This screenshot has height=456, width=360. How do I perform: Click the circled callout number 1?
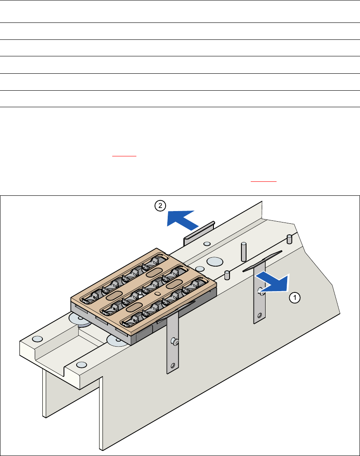(295, 298)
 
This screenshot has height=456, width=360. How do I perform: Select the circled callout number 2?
(160, 206)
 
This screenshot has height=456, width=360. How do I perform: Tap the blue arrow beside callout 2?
(182, 219)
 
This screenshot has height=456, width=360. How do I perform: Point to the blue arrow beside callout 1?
(273, 282)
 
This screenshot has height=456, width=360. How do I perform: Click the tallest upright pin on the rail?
(244, 252)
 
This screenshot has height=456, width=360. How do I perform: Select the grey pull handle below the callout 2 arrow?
(199, 234)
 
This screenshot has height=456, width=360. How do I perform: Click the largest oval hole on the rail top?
(215, 261)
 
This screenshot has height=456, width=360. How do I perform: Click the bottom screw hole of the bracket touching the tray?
(173, 365)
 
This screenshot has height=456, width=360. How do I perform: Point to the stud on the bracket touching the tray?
(175, 341)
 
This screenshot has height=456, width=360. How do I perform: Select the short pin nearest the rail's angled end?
(289, 239)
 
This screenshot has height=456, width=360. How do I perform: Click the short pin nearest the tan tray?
(227, 275)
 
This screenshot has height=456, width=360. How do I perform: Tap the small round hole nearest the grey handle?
(207, 244)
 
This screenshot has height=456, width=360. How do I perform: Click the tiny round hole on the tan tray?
(158, 293)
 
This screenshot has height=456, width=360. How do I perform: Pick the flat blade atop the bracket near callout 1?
(262, 261)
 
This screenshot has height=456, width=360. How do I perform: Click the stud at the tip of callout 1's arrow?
(261, 291)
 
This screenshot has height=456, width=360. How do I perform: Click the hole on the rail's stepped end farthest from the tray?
(37, 339)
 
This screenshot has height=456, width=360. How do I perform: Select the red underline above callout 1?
(263, 181)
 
